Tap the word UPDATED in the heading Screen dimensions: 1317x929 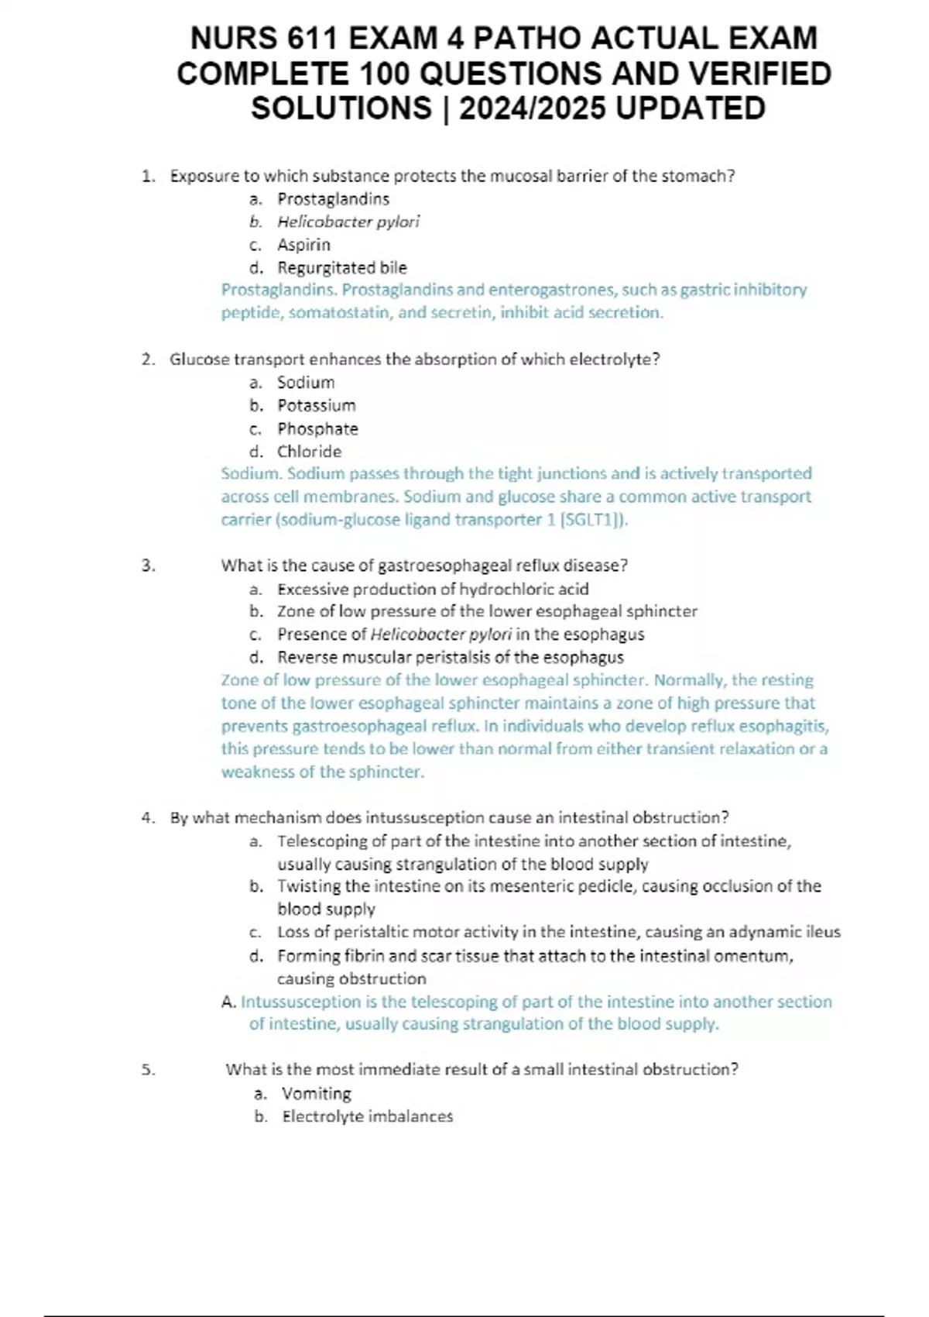(691, 108)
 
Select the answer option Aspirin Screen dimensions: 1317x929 (303, 245)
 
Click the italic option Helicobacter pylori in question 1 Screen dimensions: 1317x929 (348, 222)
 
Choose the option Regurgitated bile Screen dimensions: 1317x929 (341, 268)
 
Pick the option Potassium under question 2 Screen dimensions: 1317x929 (316, 405)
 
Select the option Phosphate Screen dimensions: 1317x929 (317, 428)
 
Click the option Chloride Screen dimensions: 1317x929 (309, 451)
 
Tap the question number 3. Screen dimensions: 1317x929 (149, 566)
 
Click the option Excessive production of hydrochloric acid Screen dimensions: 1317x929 (433, 589)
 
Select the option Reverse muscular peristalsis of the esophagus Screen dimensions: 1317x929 (450, 658)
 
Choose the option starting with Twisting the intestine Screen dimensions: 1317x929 (549, 886)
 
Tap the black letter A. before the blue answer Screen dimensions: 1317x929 (228, 1002)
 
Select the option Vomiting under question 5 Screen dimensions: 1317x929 (316, 1093)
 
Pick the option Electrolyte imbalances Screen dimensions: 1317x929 (367, 1116)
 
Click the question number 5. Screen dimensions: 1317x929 (149, 1070)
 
